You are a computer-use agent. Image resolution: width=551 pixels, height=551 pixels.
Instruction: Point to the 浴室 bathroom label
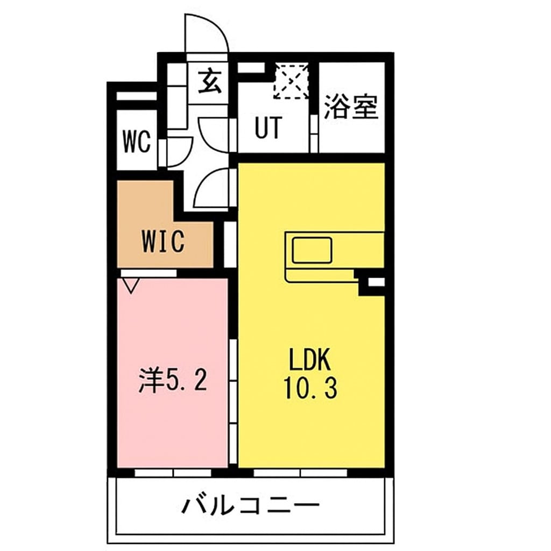351,108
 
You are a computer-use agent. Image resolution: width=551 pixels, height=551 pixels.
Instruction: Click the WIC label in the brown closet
163,242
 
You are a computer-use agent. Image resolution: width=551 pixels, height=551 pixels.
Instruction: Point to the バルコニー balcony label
251,505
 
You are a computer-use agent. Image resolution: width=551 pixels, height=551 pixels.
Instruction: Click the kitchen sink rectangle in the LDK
312,250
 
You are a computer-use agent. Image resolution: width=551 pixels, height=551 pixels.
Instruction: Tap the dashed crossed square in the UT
291,81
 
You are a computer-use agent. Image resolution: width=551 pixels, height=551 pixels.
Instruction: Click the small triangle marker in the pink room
130,285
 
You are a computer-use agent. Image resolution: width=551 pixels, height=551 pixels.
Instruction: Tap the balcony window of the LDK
300,473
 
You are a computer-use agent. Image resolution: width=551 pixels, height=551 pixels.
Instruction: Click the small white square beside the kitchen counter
376,281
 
